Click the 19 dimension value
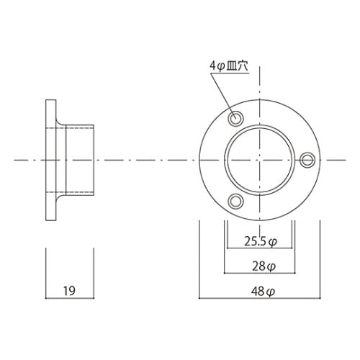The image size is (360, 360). click(69, 290)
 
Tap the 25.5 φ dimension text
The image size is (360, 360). click(261, 241)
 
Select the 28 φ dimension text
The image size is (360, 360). click(264, 266)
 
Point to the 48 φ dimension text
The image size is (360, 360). click(263, 292)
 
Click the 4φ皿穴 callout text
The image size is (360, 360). click(229, 66)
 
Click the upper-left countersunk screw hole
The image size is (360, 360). click(235, 118)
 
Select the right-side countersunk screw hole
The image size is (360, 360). click(307, 160)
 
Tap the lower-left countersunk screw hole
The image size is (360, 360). click(235, 202)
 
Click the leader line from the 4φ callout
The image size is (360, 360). click(222, 94)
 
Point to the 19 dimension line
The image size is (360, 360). click(70, 298)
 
